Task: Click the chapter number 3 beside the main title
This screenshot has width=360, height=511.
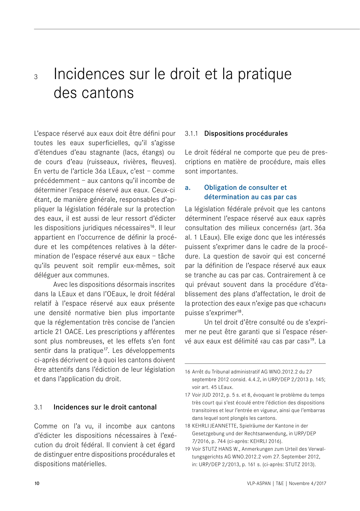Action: [x=36, y=77]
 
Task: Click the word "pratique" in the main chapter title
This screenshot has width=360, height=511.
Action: [x=264, y=74]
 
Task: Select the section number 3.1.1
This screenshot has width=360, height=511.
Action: [x=191, y=134]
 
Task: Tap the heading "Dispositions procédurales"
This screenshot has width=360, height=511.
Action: [x=246, y=133]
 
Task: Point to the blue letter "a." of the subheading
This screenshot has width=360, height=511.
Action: [x=188, y=188]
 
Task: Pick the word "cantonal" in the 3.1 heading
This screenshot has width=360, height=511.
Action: [x=142, y=407]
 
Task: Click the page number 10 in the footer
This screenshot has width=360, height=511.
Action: [x=37, y=484]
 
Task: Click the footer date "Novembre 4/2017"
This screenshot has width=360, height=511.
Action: [x=307, y=484]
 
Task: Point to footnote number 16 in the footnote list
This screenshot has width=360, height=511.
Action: [x=187, y=372]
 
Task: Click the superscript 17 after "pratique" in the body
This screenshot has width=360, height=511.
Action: [x=106, y=349]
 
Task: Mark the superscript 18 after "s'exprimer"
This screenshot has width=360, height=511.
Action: [x=239, y=311]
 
